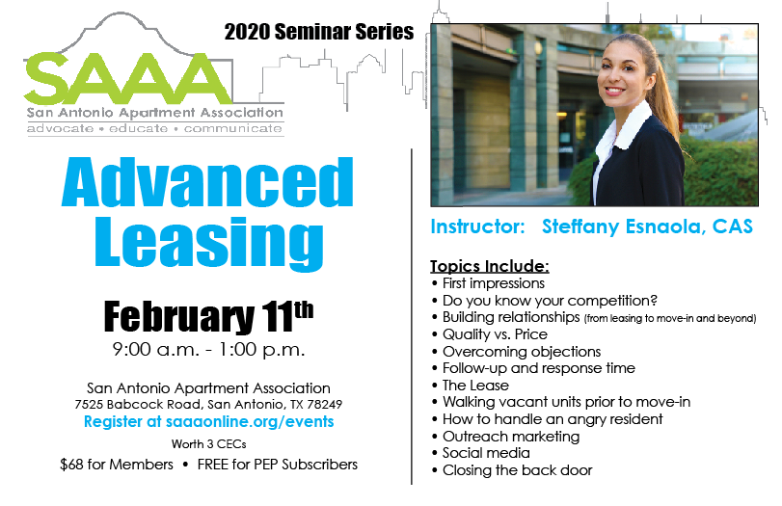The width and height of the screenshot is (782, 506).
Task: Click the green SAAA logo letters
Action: click(x=127, y=79)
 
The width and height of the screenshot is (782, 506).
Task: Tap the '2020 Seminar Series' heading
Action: click(x=319, y=32)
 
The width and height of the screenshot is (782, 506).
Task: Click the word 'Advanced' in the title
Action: click(x=207, y=182)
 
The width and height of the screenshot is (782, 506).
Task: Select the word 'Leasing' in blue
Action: click(x=209, y=243)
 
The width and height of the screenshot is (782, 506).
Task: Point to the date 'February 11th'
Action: click(x=208, y=316)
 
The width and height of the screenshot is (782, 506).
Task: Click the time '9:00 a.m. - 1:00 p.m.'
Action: click(x=208, y=350)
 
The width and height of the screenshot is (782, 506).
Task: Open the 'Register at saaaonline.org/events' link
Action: click(x=208, y=422)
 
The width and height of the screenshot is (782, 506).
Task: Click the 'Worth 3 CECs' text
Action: click(x=208, y=443)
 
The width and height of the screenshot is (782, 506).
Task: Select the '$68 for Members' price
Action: click(x=117, y=465)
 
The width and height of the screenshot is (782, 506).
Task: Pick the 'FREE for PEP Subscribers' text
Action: click(x=278, y=465)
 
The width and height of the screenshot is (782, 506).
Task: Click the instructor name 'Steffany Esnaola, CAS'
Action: click(x=647, y=226)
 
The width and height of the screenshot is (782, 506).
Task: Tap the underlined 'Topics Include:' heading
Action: click(x=490, y=266)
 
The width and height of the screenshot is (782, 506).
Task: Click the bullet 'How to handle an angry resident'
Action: click(x=553, y=419)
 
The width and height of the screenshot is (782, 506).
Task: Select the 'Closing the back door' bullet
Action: click(x=517, y=470)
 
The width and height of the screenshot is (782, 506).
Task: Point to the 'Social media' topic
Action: click(x=486, y=453)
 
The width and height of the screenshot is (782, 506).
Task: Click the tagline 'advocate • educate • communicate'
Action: click(x=154, y=128)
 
